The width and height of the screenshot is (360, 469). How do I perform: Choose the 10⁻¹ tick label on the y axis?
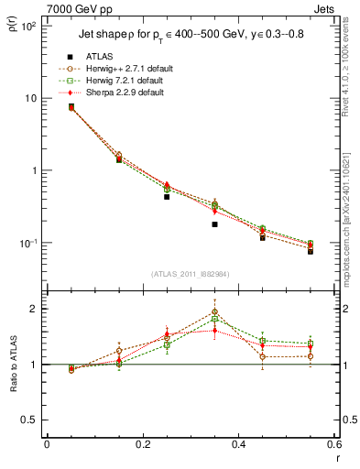[27, 243]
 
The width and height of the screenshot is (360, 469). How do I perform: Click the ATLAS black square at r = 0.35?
[214, 224]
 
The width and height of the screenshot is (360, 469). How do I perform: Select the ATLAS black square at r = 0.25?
[167, 196]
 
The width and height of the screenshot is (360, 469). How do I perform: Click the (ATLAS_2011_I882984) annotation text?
[191, 274]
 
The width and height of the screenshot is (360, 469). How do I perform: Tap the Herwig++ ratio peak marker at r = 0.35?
[214, 311]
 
